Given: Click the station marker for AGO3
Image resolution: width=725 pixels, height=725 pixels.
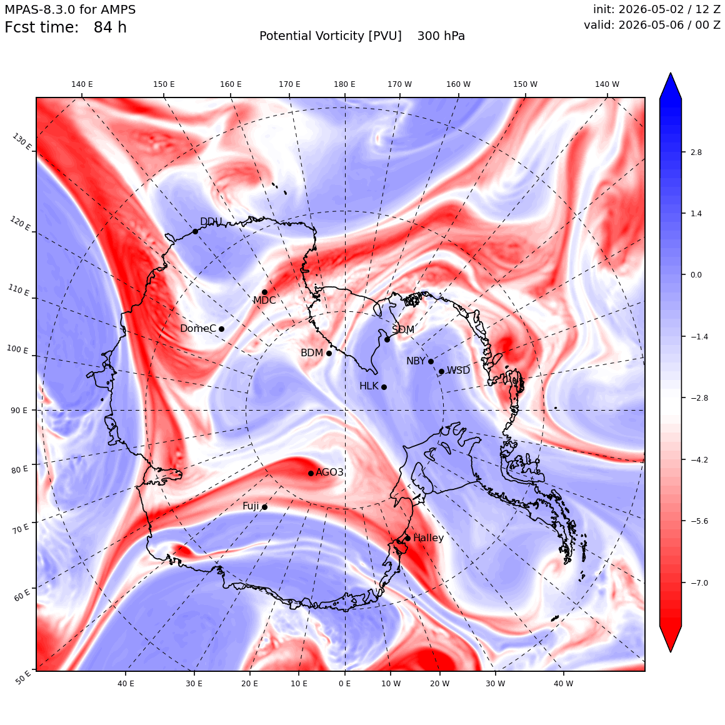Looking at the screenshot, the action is tap(311, 474).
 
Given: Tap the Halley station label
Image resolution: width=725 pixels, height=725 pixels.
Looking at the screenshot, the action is tap(428, 538).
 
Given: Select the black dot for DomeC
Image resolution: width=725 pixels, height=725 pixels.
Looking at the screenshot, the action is tap(221, 329).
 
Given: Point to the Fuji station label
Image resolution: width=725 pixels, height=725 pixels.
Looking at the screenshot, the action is tap(251, 506).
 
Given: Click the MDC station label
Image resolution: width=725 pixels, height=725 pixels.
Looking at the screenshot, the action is tap(264, 301).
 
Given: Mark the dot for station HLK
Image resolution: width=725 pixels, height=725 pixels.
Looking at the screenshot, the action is tap(384, 387).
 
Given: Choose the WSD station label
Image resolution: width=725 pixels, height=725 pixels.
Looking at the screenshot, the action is tap(458, 371).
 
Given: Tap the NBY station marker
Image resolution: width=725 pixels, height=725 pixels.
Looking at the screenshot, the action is tap(431, 362).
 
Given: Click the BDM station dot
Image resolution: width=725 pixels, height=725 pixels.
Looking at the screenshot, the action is tap(329, 354).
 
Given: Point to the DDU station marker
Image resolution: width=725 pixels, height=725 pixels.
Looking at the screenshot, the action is tap(195, 231).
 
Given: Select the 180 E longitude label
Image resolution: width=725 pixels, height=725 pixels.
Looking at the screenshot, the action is tap(344, 84).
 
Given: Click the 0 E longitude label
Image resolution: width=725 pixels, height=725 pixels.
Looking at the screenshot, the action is tap(344, 683).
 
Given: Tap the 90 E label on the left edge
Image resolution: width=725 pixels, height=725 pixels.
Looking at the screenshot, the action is tap(19, 410).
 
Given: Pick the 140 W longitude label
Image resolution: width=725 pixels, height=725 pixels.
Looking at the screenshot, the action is tap(607, 84).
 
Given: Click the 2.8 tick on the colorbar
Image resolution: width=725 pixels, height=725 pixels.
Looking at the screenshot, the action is tap(696, 152).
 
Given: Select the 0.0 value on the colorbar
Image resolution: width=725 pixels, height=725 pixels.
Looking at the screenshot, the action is tap(696, 274).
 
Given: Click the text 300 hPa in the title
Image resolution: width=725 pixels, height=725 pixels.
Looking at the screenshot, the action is tap(441, 36).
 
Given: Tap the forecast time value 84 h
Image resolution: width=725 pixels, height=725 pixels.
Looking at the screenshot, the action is tap(110, 27).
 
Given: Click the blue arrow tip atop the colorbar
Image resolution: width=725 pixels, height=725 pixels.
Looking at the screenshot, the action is tap(671, 73).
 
